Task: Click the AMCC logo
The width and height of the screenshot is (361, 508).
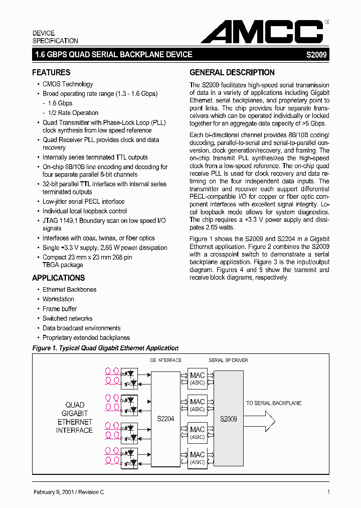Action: (262, 32)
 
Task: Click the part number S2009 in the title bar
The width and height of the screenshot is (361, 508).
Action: (316, 55)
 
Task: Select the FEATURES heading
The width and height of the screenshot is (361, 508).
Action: (51, 72)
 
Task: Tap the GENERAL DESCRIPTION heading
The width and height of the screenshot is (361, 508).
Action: (232, 72)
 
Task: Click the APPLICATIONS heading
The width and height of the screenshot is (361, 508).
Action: (59, 278)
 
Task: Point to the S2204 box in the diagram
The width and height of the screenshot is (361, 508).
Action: (165, 419)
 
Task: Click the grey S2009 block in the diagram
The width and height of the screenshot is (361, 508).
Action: (229, 419)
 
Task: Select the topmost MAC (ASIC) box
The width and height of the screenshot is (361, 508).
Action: (197, 378)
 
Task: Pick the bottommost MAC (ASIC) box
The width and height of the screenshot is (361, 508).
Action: (197, 458)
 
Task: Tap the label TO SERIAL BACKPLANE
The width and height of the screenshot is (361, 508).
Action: (274, 403)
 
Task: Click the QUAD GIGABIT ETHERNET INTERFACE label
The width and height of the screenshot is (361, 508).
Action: (74, 418)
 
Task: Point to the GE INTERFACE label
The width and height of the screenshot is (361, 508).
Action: (166, 360)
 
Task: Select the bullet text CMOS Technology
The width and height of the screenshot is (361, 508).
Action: (68, 84)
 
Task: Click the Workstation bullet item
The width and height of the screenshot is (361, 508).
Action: (58, 299)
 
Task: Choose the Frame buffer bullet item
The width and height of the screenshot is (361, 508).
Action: (60, 309)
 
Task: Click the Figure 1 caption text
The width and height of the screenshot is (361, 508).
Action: (105, 348)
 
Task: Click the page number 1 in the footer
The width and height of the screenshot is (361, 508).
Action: (328, 492)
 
